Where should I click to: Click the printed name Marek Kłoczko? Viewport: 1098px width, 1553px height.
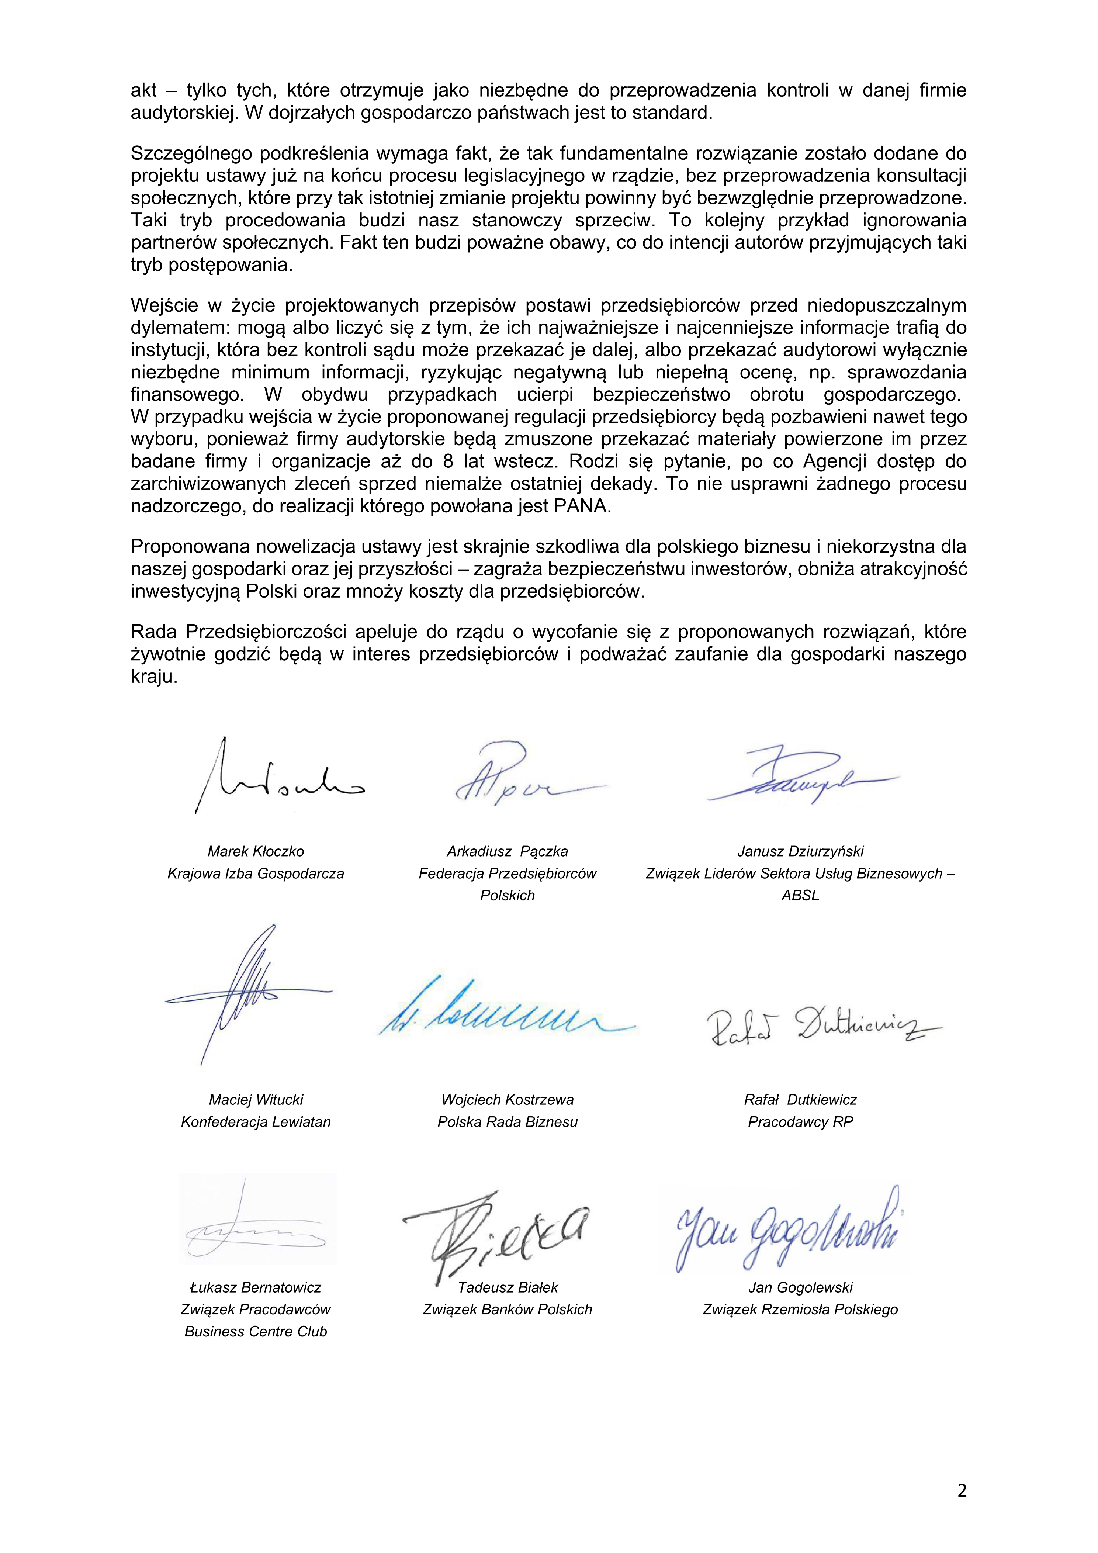coord(256,851)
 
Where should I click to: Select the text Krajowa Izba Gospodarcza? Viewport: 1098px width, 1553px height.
coord(256,873)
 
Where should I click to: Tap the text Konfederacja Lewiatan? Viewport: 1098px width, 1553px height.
coord(256,1121)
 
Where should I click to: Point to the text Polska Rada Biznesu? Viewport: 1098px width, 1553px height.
coord(507,1121)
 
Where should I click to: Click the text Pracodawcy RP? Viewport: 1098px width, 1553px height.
coord(800,1121)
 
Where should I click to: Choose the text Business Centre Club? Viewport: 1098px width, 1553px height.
coord(256,1331)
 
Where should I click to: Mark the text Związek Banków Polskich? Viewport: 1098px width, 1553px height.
coord(507,1309)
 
